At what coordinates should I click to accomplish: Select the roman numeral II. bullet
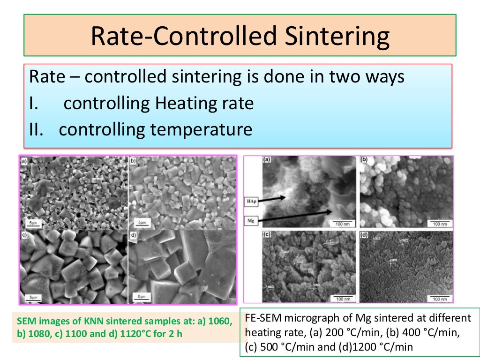37,129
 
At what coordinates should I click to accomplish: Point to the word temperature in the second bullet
201,129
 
